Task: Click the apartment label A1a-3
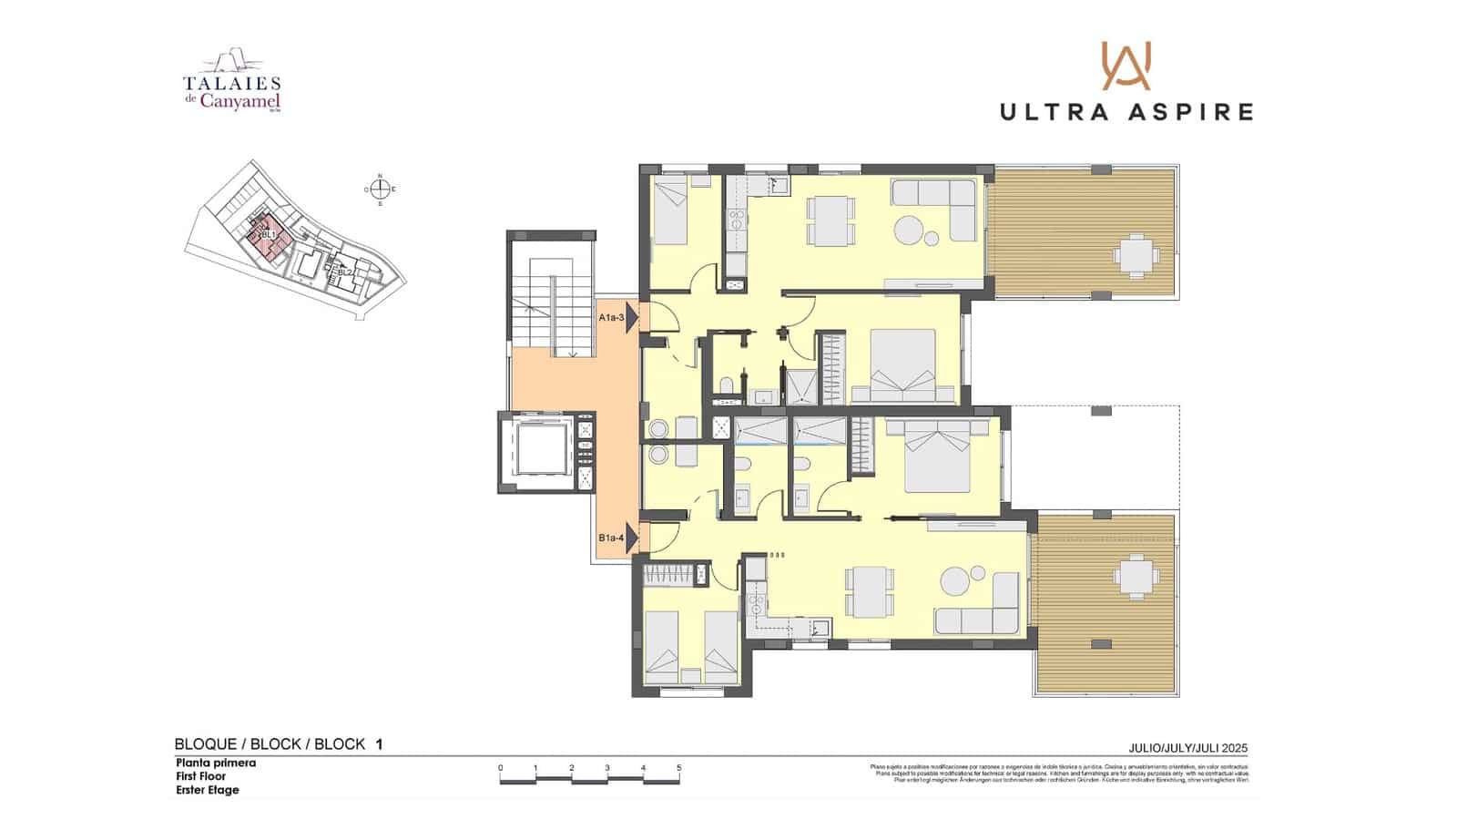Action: (611, 318)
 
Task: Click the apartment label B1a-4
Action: (611, 538)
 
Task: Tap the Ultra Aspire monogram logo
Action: (1126, 66)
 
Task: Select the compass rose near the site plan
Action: (381, 190)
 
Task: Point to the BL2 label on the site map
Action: (345, 272)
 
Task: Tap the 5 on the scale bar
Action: (678, 768)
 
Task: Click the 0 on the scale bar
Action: (500, 768)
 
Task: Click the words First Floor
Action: (200, 776)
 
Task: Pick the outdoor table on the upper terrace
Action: (1134, 255)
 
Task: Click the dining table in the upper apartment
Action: (830, 221)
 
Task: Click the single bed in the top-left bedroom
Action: (670, 212)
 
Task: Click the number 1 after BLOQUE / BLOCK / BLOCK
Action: (379, 744)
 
